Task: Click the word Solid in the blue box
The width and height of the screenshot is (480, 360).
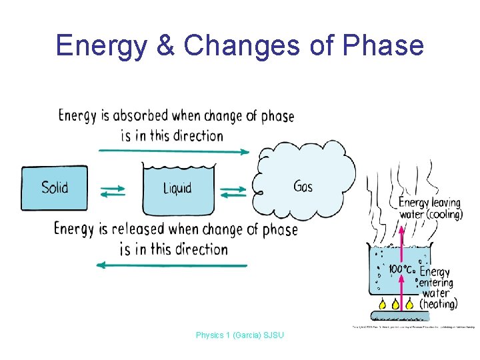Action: pyautogui.click(x=55, y=187)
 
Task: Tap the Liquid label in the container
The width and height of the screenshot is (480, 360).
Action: pyautogui.click(x=177, y=189)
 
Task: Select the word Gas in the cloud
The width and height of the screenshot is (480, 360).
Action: pyautogui.click(x=303, y=186)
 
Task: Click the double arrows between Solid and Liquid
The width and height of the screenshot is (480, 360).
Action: pyautogui.click(x=113, y=191)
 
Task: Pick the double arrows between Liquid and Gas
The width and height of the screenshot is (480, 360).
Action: pyautogui.click(x=233, y=191)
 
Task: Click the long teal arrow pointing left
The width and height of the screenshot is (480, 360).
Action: pyautogui.click(x=172, y=265)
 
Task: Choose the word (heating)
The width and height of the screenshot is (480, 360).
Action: pyautogui.click(x=438, y=304)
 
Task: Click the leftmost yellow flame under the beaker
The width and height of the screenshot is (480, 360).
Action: pyautogui.click(x=382, y=305)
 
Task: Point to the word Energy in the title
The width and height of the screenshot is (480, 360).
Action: pyautogui.click(x=101, y=45)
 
